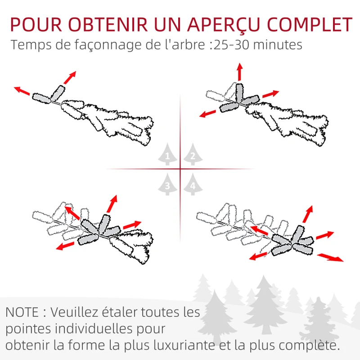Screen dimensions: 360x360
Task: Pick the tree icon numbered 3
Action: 167,184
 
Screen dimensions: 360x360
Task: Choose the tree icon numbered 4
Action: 193,184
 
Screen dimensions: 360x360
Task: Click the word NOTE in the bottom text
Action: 22,312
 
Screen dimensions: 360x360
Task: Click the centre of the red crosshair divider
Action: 180,169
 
